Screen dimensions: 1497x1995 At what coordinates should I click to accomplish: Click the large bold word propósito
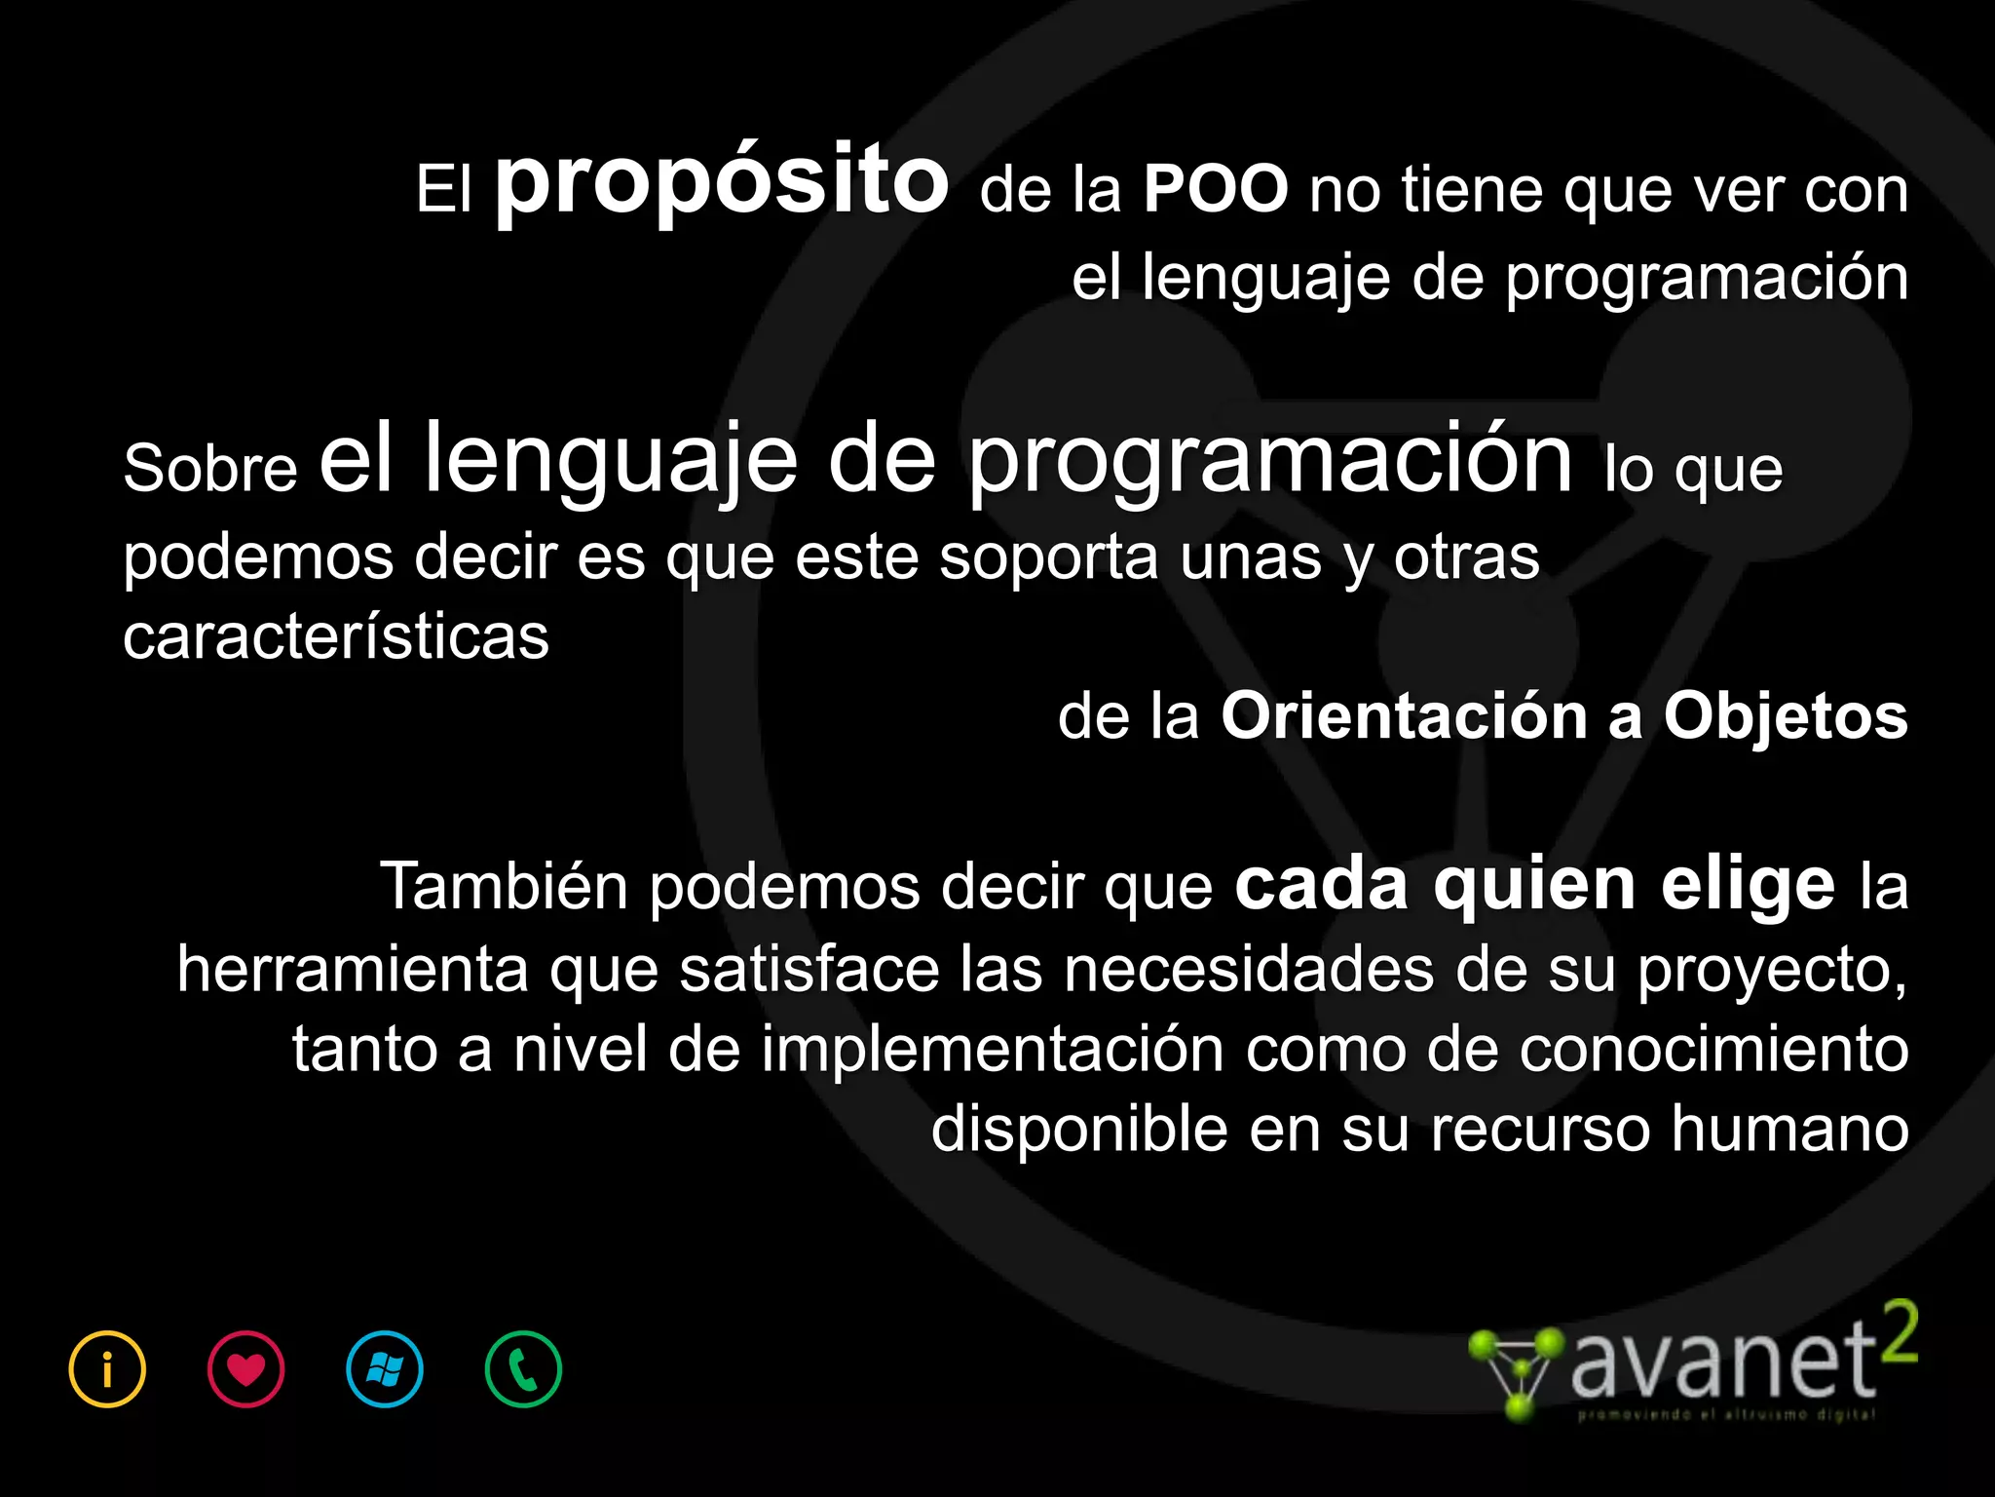(722, 181)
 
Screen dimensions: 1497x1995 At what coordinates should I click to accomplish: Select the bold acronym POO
(1216, 189)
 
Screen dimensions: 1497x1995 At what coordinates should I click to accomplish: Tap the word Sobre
(210, 469)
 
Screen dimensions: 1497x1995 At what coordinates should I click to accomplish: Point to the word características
(336, 637)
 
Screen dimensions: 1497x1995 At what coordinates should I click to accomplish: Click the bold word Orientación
(1404, 716)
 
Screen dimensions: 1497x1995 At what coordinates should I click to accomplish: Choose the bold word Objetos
(1785, 716)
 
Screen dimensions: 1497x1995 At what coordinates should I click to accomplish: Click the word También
(504, 887)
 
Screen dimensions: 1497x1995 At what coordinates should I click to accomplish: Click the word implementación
(992, 1051)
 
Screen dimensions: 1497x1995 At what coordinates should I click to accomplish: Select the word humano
(1789, 1130)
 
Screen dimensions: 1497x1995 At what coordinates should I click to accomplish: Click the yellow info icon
(107, 1369)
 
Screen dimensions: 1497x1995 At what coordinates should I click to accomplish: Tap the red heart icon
(246, 1369)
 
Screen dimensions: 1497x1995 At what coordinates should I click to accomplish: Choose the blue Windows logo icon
(385, 1369)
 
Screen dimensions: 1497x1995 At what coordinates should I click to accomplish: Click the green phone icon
(523, 1369)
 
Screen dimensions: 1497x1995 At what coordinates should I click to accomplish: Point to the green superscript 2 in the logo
(1899, 1333)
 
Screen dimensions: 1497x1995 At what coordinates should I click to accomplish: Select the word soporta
(1048, 557)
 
